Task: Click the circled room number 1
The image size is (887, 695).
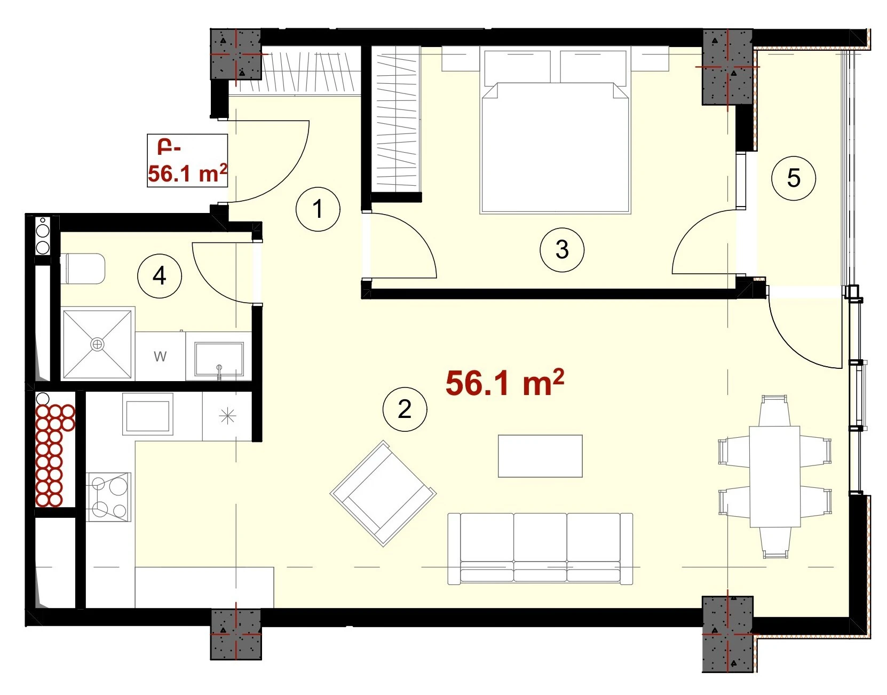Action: click(x=318, y=209)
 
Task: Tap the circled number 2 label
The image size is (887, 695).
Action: click(x=405, y=409)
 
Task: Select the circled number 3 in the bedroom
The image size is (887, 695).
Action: click(x=561, y=249)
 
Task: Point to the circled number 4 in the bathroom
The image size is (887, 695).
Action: click(x=159, y=277)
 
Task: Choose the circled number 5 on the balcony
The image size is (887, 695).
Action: click(x=794, y=178)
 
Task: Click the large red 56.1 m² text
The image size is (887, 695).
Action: click(x=504, y=383)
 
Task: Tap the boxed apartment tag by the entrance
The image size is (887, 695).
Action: click(x=187, y=160)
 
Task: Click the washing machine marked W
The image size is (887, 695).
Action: click(x=160, y=356)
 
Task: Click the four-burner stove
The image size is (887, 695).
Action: click(x=109, y=497)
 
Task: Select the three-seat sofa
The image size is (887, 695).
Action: click(x=541, y=549)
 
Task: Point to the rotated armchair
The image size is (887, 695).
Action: click(x=383, y=493)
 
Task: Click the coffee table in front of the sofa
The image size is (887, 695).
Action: click(x=540, y=456)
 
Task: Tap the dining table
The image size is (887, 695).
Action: click(x=775, y=477)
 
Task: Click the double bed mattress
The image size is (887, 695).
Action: click(x=555, y=148)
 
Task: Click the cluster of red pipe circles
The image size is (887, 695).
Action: click(x=54, y=455)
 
